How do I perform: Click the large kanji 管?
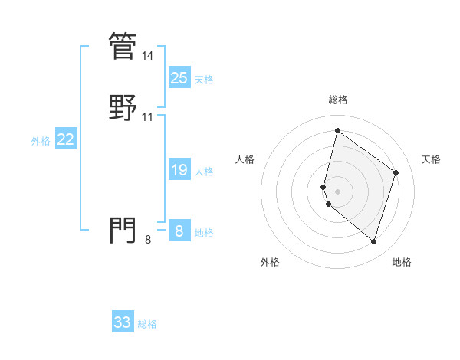point(123,46)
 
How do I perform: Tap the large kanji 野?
point(123,107)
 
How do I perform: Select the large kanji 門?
point(123,230)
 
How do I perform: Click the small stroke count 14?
point(148,56)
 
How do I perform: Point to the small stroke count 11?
point(148,117)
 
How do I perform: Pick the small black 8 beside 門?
point(148,240)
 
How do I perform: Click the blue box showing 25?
point(179,78)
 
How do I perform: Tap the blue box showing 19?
point(179,171)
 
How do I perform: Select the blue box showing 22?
point(66,139)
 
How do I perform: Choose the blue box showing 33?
point(123,322)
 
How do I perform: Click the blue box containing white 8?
point(179,231)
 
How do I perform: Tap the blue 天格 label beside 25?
point(204,80)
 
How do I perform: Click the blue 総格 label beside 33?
point(147,324)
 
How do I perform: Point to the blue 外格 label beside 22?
point(41,141)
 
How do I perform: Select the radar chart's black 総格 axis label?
point(337,100)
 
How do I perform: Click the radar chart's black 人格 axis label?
point(245,159)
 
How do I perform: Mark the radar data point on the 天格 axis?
point(396,172)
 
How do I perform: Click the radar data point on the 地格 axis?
point(373,242)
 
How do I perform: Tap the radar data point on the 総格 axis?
point(337,131)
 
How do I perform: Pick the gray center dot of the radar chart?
point(337,191)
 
